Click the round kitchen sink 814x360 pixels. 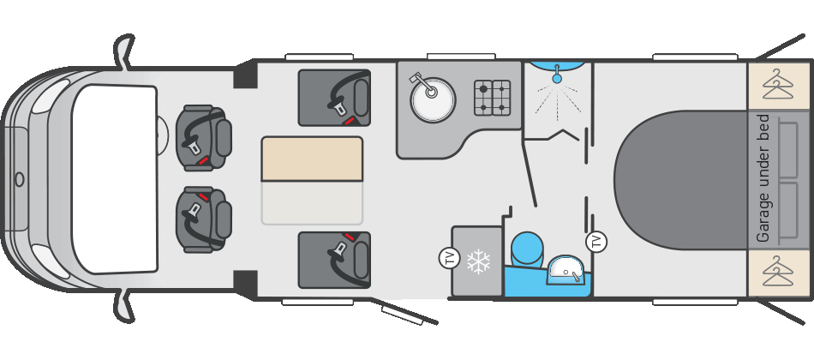tap(433, 100)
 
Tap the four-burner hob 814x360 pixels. tap(493, 98)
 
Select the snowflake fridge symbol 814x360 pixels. tap(478, 261)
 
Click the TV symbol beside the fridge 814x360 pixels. tap(449, 257)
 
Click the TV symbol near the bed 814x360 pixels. tap(596, 242)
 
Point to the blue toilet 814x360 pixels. tap(527, 249)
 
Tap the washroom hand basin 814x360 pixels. tap(566, 270)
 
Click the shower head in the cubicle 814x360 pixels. tap(557, 78)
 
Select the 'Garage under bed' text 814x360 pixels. tap(763, 178)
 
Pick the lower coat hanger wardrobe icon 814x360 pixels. tap(778, 273)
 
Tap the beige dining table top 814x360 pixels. tap(312, 159)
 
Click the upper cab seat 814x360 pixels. tap(204, 137)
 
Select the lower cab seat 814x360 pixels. tap(204, 219)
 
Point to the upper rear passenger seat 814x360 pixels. tap(334, 97)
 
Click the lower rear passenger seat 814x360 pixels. tap(334, 259)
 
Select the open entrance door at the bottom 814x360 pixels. tap(408, 312)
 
